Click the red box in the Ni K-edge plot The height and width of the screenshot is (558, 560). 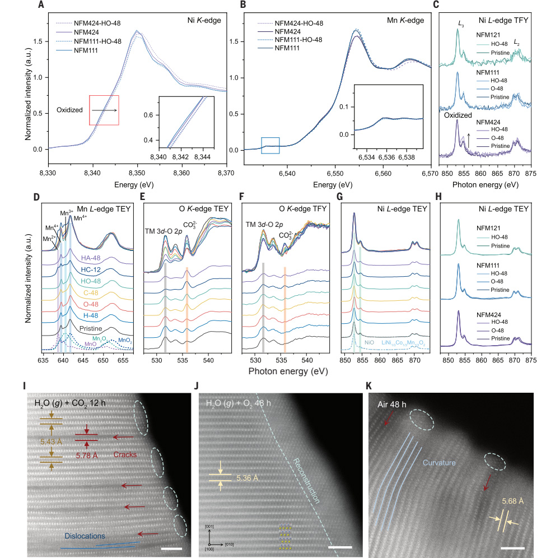pos(103,110)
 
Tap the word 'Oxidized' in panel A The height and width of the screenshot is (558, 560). pos(71,110)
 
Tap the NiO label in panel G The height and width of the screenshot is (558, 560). pos(369,341)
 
